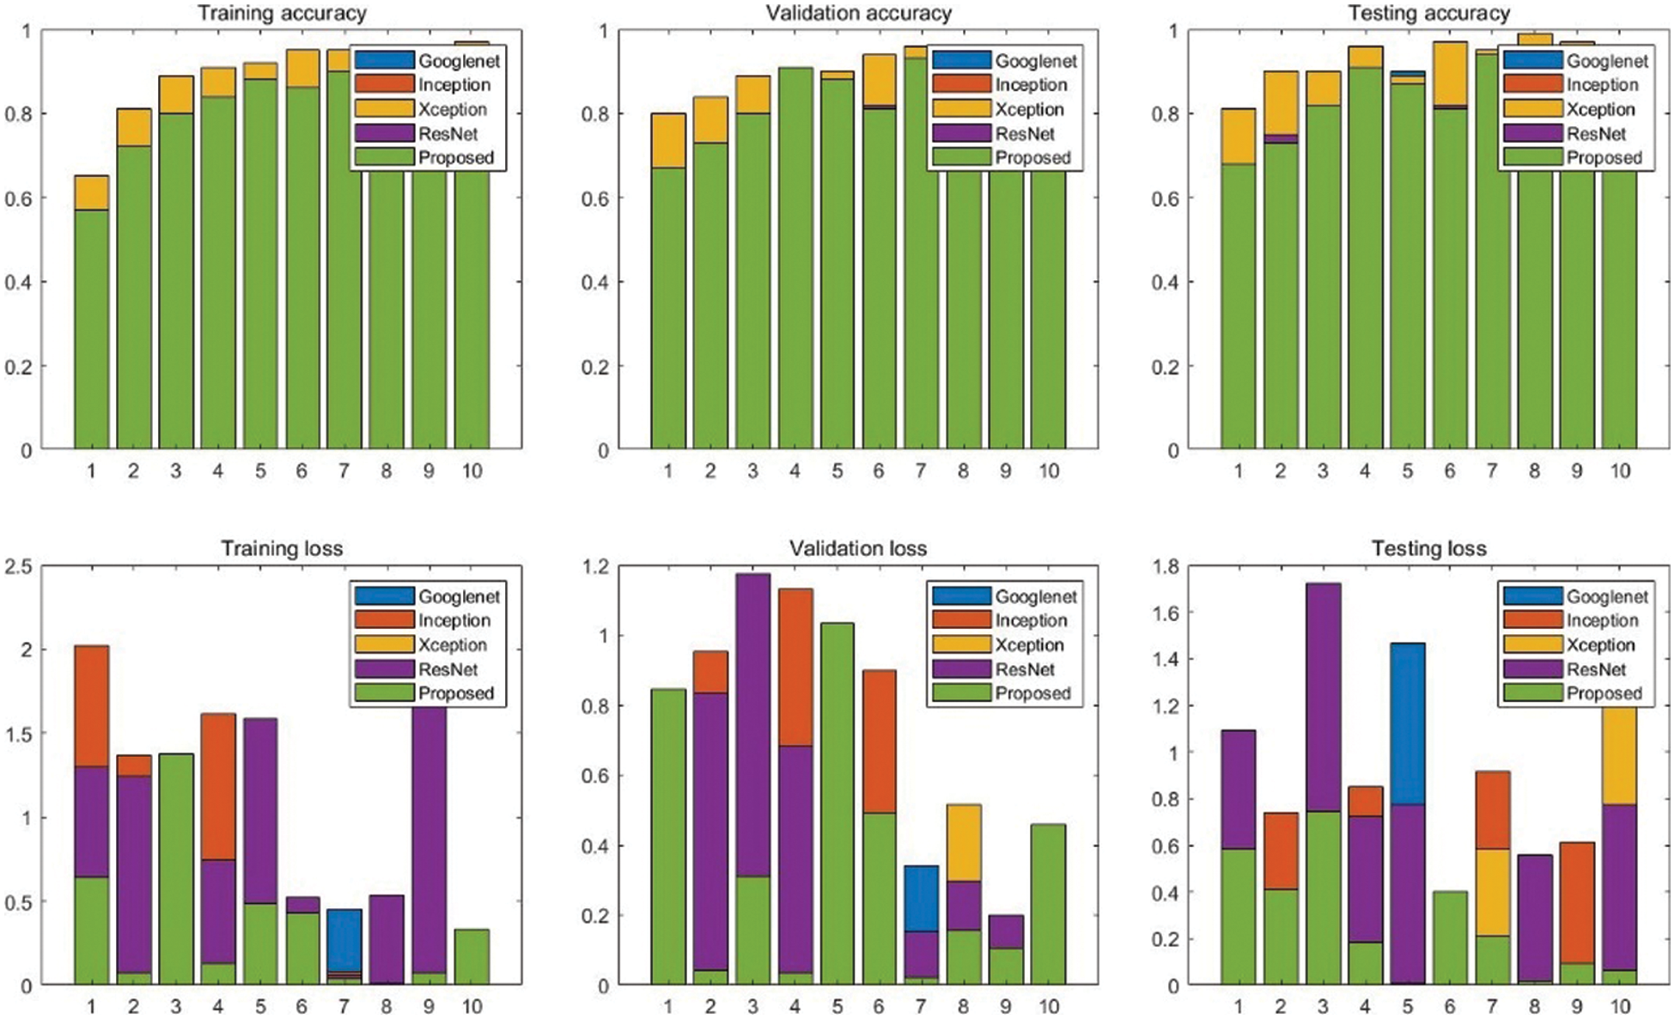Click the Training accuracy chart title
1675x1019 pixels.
click(x=282, y=13)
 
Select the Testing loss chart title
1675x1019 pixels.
click(x=1428, y=548)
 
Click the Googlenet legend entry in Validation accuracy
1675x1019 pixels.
click(x=1035, y=61)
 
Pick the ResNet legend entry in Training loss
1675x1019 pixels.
click(x=448, y=669)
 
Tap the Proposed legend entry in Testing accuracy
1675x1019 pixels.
click(x=1603, y=158)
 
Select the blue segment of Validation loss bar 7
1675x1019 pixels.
click(x=920, y=899)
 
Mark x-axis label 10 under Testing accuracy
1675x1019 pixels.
click(x=1618, y=471)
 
